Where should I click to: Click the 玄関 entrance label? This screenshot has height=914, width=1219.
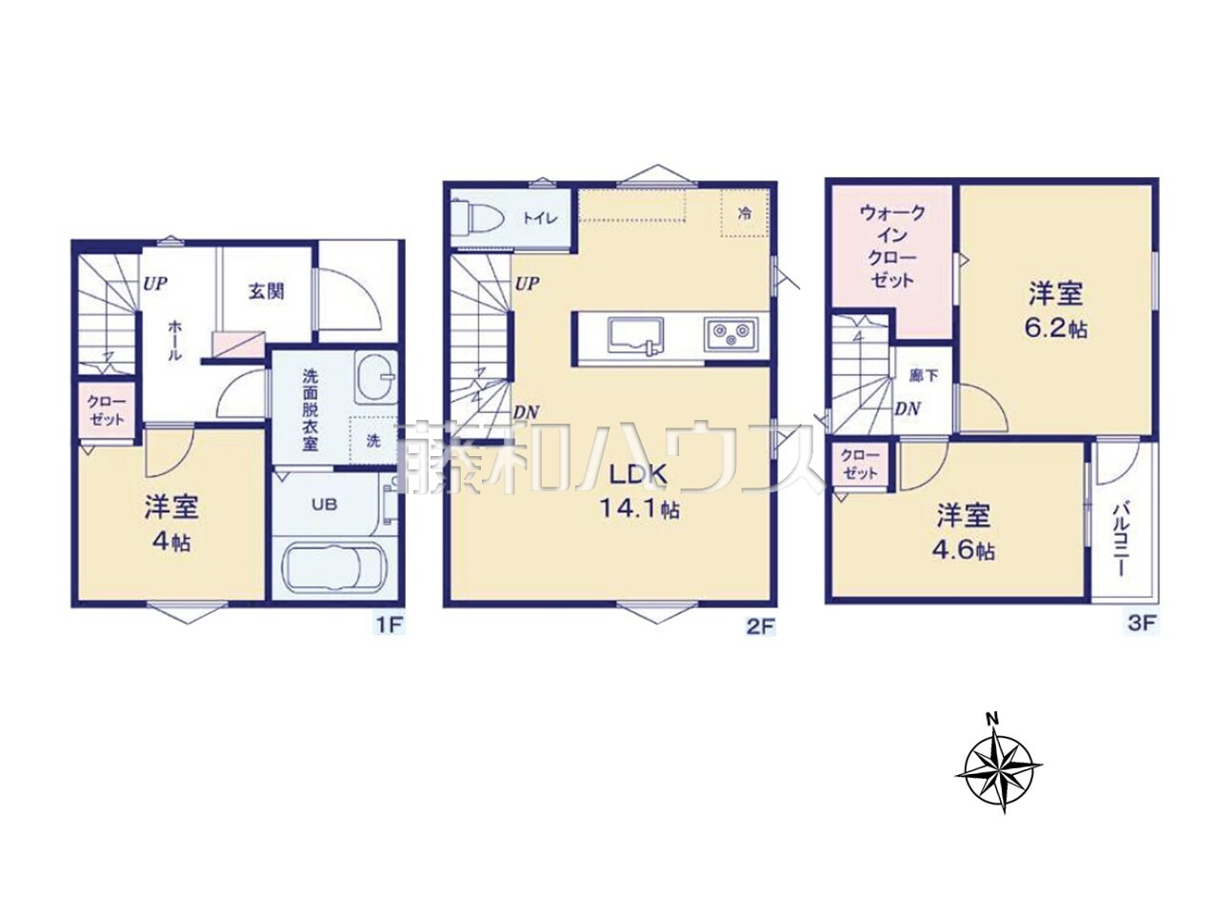click(266, 292)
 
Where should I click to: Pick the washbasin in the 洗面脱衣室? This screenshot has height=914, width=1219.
click(375, 376)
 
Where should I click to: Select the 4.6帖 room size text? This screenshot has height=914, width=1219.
click(965, 551)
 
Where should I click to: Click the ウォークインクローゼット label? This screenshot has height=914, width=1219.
click(892, 246)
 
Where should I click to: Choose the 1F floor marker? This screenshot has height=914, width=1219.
click(390, 625)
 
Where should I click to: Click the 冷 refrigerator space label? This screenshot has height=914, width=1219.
click(744, 213)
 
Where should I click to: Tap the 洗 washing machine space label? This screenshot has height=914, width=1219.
click(373, 441)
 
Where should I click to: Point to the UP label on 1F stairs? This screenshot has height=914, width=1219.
click(155, 284)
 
